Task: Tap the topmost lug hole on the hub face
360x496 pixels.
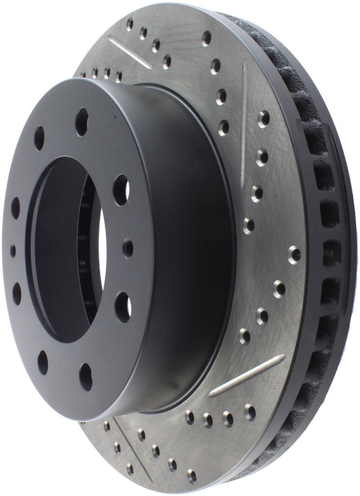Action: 82,122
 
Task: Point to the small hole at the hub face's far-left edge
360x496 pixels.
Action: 13,250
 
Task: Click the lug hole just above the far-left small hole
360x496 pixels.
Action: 16,207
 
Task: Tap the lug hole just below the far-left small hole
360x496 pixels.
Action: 17,293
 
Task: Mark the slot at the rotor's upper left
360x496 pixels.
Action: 129,51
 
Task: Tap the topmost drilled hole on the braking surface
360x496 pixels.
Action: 129,22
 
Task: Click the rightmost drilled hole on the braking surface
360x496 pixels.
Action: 294,254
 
